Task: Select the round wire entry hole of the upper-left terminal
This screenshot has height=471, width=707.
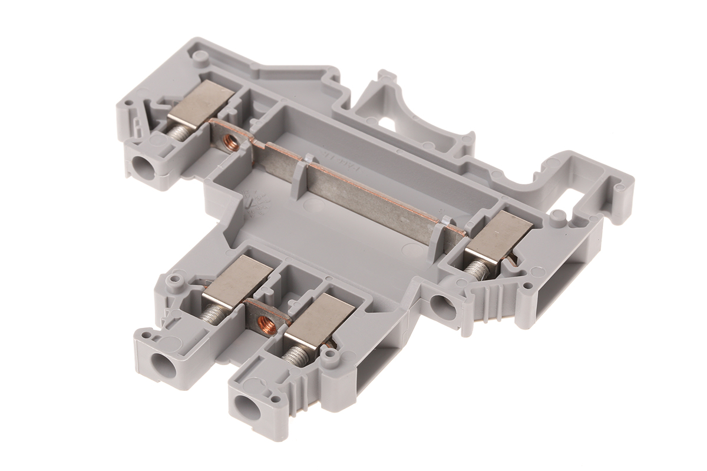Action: (x=142, y=167)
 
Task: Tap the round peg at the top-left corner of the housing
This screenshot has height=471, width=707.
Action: (x=201, y=56)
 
